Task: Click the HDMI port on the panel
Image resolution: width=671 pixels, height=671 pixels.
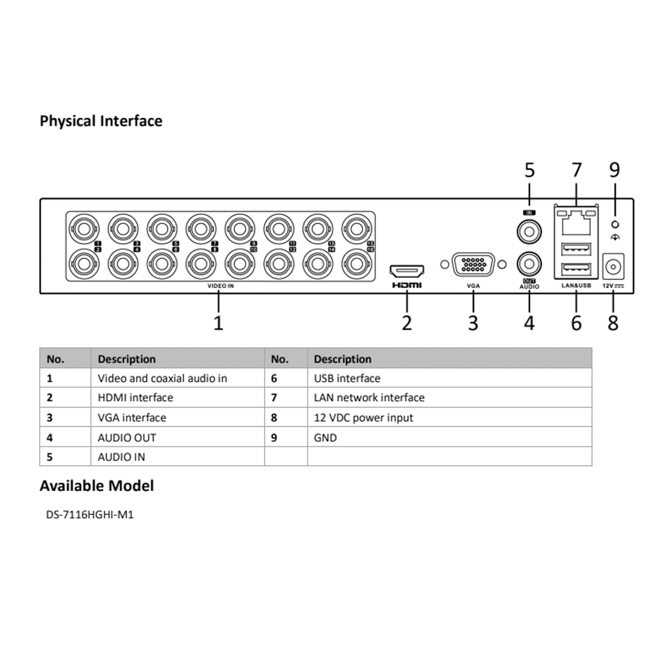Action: pos(406,270)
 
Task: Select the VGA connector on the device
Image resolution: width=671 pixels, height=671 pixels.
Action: pos(473,264)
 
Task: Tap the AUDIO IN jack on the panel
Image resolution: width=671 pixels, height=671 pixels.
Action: pos(529,232)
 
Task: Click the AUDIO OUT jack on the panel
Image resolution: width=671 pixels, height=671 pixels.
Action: pos(529,264)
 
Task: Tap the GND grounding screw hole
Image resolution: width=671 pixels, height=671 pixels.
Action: pos(615,224)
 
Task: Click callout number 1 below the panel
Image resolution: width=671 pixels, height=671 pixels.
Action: pos(218,323)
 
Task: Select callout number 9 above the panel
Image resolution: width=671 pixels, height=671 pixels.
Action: pos(615,170)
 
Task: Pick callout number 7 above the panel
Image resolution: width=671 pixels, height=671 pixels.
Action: pos(577,170)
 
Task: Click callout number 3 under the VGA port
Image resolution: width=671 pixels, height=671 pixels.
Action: pos(473,323)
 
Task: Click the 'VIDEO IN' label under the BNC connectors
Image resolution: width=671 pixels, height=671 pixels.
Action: pos(221,286)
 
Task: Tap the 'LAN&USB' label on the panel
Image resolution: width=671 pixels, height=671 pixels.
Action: pos(576,286)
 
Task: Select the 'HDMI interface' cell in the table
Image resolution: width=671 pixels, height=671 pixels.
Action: pos(135,398)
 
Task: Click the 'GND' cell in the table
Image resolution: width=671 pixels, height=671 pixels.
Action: pos(325,438)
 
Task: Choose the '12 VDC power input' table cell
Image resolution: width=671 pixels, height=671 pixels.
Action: pos(363,418)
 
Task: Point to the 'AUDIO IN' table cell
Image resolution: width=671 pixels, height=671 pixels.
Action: pos(121,457)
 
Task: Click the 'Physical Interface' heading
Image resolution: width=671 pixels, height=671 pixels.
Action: pos(101,121)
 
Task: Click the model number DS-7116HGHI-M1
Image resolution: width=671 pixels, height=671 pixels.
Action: pos(90,515)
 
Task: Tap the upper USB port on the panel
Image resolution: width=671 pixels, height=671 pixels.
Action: pos(576,250)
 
